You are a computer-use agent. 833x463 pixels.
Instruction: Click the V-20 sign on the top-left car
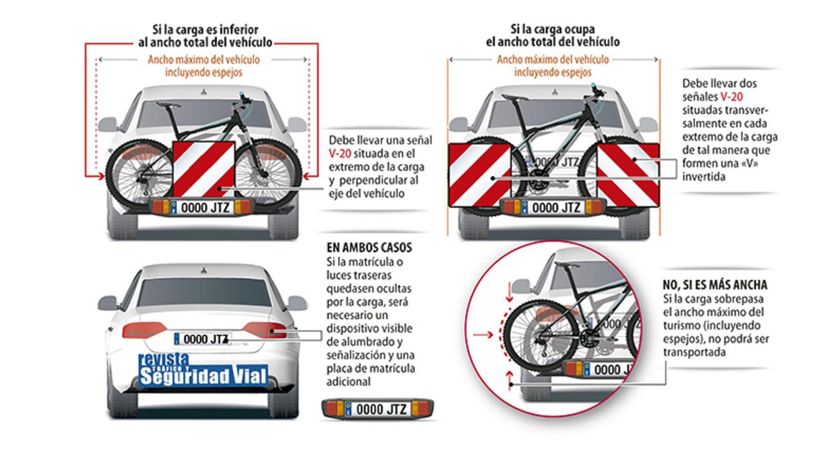pyautogui.click(x=204, y=169)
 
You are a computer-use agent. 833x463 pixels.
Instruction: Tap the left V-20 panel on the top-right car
pyautogui.click(x=479, y=175)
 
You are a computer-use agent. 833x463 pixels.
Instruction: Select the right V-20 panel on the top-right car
pyautogui.click(x=628, y=175)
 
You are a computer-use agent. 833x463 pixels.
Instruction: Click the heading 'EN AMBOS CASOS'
pyautogui.click(x=369, y=248)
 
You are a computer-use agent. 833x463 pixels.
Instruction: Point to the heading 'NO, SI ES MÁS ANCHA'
pyautogui.click(x=715, y=285)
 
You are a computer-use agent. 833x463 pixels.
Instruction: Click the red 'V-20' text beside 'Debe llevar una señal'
pyautogui.click(x=339, y=154)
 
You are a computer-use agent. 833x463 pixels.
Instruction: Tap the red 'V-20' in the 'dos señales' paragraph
pyautogui.click(x=731, y=97)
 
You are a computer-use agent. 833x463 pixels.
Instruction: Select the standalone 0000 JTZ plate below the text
pyautogui.click(x=378, y=410)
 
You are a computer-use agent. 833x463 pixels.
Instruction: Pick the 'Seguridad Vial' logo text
pyautogui.click(x=203, y=376)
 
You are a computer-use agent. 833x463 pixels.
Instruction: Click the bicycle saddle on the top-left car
pyautogui.click(x=168, y=104)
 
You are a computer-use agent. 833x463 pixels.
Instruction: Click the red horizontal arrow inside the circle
pyautogui.click(x=483, y=335)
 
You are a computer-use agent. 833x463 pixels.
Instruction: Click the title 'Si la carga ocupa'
pyautogui.click(x=553, y=29)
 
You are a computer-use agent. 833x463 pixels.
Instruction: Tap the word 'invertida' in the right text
pyautogui.click(x=704, y=177)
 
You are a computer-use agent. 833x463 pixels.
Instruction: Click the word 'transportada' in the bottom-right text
pyautogui.click(x=694, y=352)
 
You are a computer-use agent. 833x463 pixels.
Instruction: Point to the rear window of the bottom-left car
pyautogui.click(x=204, y=293)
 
